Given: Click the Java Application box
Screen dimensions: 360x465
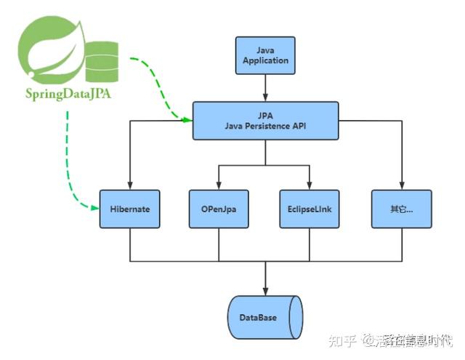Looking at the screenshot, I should [x=265, y=55].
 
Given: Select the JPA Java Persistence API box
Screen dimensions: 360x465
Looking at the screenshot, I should [x=265, y=120].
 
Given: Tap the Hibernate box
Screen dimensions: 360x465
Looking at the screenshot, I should [x=129, y=209].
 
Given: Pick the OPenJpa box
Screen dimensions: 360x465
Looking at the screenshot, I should [x=219, y=209].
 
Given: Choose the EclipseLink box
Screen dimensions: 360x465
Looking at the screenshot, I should [x=310, y=209].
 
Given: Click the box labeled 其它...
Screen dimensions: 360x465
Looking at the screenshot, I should [x=401, y=209].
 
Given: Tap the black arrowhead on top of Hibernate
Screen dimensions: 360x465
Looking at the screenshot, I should [x=129, y=185].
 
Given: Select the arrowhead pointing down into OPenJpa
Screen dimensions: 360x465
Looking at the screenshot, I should [x=219, y=185].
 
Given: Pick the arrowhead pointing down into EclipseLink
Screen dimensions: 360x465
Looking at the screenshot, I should [x=310, y=185].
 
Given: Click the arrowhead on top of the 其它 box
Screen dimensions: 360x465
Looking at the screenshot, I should [x=401, y=185].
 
